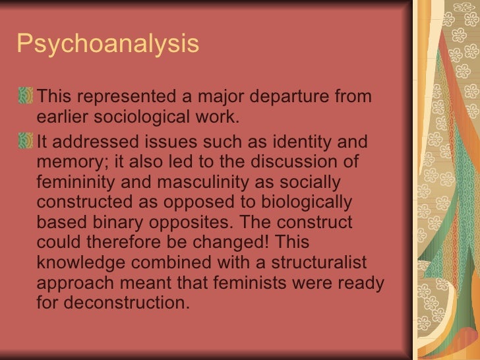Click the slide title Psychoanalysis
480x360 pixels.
[107, 45]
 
